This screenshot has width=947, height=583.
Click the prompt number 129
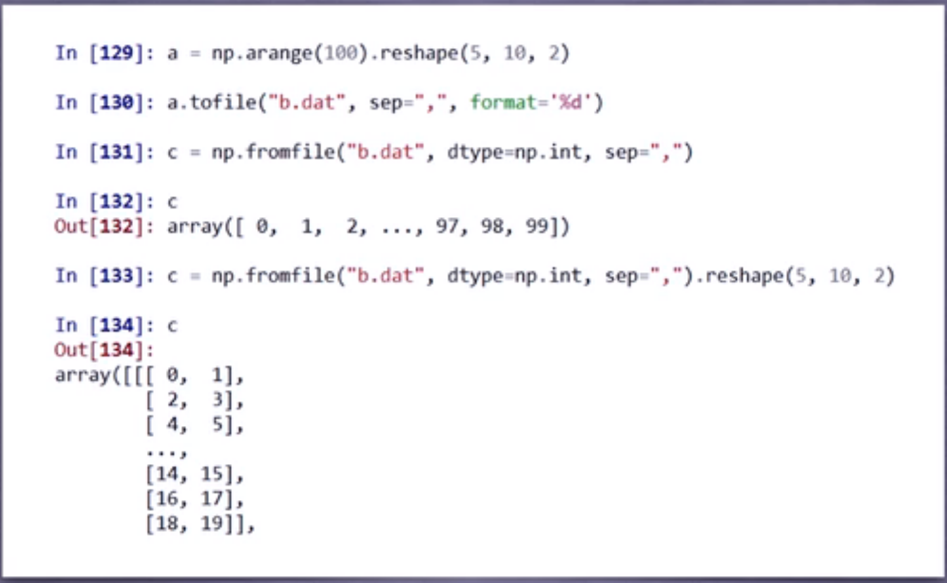pyautogui.click(x=117, y=53)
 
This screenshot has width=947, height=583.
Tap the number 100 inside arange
pyautogui.click(x=341, y=53)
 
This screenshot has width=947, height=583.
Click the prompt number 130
pyautogui.click(x=117, y=102)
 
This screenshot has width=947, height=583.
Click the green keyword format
pyautogui.click(x=503, y=102)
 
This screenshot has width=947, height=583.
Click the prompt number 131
pyautogui.click(x=117, y=152)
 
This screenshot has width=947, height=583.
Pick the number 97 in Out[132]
pyautogui.click(x=447, y=226)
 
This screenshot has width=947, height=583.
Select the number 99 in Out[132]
pyautogui.click(x=537, y=226)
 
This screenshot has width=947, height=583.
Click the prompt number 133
pyautogui.click(x=117, y=275)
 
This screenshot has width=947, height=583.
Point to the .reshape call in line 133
pyautogui.click(x=741, y=275)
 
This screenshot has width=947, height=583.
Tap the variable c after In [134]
pyautogui.click(x=172, y=325)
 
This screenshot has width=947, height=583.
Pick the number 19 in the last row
pyautogui.click(x=212, y=523)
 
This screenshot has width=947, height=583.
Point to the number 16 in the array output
pyautogui.click(x=167, y=499)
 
